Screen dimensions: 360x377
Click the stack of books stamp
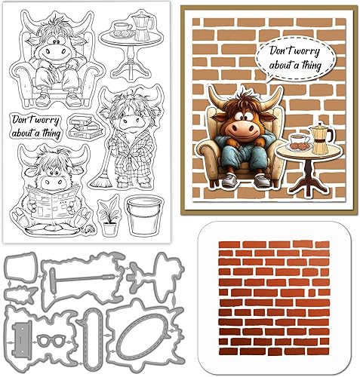click(x=85, y=127)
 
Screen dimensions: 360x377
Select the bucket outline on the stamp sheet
click(x=143, y=216)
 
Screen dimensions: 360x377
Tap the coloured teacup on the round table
click(x=300, y=139)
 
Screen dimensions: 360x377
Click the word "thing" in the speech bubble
click(x=312, y=66)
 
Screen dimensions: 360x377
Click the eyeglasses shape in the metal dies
click(x=51, y=342)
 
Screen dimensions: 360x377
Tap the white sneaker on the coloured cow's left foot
click(x=262, y=181)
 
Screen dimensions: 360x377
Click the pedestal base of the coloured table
click(x=306, y=188)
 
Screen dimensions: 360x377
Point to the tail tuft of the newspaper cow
click(x=90, y=229)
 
